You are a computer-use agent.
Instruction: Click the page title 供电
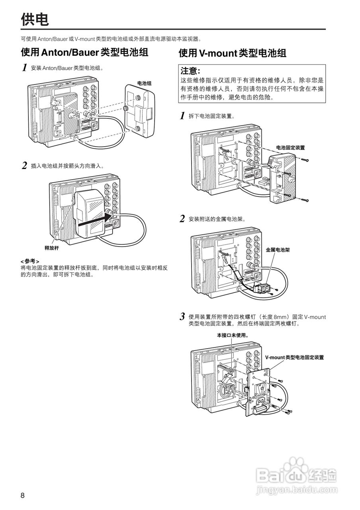point(35,20)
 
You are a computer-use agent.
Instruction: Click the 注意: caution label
point(190,71)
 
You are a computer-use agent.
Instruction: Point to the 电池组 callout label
point(144,83)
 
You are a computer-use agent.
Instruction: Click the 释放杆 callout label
point(51,247)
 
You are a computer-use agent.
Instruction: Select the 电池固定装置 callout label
point(290,147)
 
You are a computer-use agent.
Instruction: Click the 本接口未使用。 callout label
point(232,335)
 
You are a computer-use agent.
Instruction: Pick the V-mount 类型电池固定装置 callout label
point(294,357)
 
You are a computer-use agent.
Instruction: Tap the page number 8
point(23,496)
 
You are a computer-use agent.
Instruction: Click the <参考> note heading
point(30,261)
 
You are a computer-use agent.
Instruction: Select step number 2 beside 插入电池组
point(25,166)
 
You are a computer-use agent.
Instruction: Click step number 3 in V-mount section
point(182,317)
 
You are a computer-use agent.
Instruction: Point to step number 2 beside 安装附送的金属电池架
point(182,219)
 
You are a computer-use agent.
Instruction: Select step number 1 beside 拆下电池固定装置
point(182,116)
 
